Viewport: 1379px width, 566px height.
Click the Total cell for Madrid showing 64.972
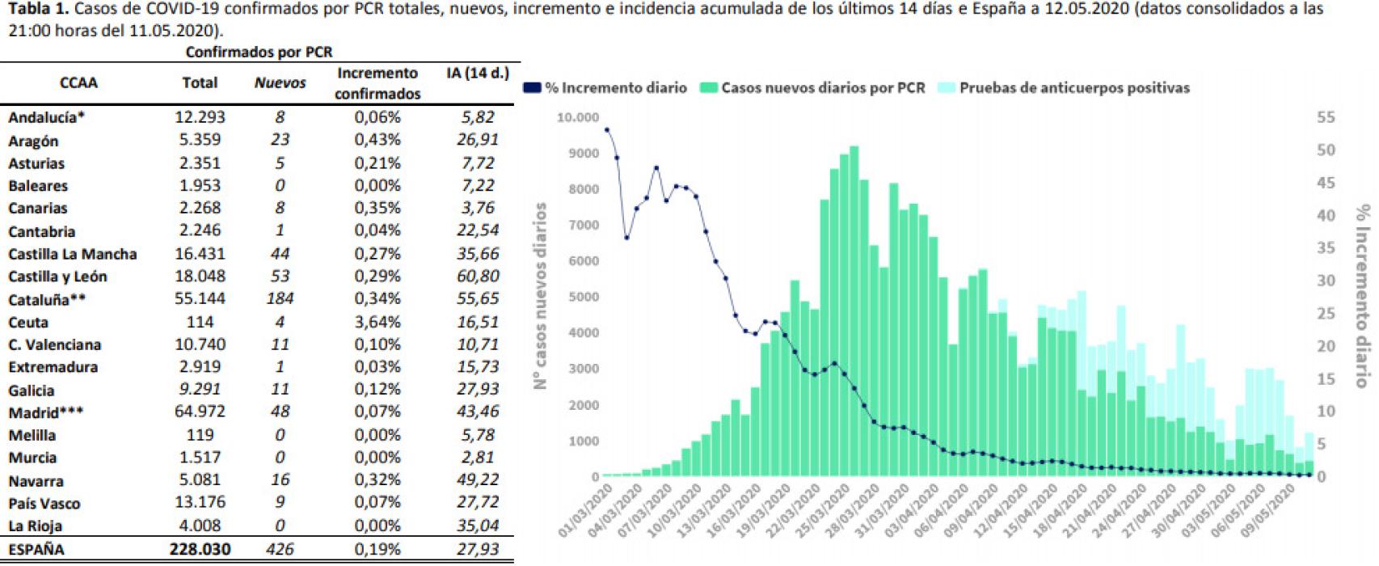pyautogui.click(x=200, y=412)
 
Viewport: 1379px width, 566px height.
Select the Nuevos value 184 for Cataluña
pyautogui.click(x=280, y=298)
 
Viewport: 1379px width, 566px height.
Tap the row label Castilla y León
pyautogui.click(x=57, y=277)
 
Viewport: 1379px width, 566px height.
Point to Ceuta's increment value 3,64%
pyautogui.click(x=377, y=322)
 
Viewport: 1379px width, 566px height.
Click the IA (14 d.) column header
pyautogui.click(x=477, y=74)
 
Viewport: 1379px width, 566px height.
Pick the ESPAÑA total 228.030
pyautogui.click(x=200, y=549)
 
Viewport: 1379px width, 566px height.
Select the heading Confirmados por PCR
pyautogui.click(x=259, y=52)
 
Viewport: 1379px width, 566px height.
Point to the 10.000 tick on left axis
pyautogui.click(x=577, y=118)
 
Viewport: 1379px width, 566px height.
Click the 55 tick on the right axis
pyautogui.click(x=1325, y=118)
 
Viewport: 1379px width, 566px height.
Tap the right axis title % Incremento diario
pyautogui.click(x=1364, y=296)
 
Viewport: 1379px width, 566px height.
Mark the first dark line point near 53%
pyautogui.click(x=607, y=129)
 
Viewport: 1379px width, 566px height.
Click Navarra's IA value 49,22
pyautogui.click(x=477, y=480)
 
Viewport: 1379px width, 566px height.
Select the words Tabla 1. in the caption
pyautogui.click(x=32, y=10)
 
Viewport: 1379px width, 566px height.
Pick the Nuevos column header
pyautogui.click(x=280, y=82)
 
